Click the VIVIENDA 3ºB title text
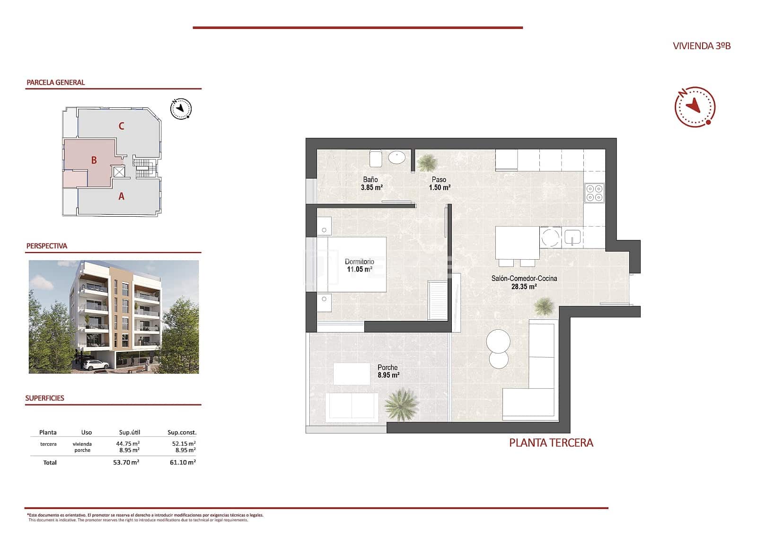pyautogui.click(x=702, y=46)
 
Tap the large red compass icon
pyautogui.click(x=695, y=107)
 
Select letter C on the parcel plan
pyautogui.click(x=122, y=126)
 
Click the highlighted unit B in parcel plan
pyautogui.click(x=94, y=160)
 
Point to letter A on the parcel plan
pyautogui.click(x=122, y=196)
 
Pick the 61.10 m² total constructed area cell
pyautogui.click(x=183, y=462)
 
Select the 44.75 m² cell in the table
pyautogui.click(x=128, y=444)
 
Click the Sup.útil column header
pyautogui.click(x=129, y=432)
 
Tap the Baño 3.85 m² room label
pyautogui.click(x=371, y=184)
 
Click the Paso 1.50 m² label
pyautogui.click(x=439, y=184)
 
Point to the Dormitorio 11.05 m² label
pyautogui.click(x=360, y=265)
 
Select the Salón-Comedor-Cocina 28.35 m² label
pyautogui.click(x=524, y=282)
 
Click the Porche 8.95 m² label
pyautogui.click(x=388, y=371)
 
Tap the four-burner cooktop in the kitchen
pyautogui.click(x=595, y=193)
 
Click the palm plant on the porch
pyautogui.click(x=402, y=404)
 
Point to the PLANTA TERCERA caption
pyautogui.click(x=551, y=443)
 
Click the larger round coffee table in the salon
pyautogui.click(x=499, y=341)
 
